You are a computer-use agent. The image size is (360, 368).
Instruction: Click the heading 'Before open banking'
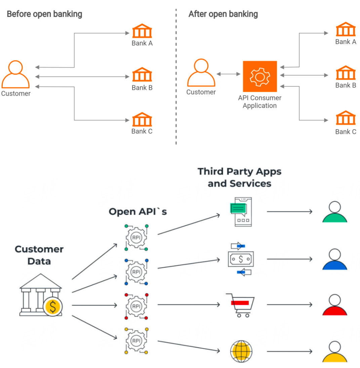click(44, 14)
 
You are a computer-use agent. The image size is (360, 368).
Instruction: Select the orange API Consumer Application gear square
click(259, 76)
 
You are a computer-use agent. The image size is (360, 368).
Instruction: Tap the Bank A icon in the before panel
click(142, 31)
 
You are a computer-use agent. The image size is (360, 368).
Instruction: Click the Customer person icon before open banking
click(15, 74)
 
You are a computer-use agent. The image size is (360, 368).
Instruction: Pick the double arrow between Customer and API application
click(229, 74)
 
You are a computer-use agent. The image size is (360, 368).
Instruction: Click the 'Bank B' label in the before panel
click(142, 88)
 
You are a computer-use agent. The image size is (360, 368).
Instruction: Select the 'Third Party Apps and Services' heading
click(239, 177)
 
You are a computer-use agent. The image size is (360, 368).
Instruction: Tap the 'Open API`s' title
click(137, 212)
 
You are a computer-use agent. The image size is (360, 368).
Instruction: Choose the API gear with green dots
click(136, 237)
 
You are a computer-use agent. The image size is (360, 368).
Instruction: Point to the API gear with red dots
click(136, 306)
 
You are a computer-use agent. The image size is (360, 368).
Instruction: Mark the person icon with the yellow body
click(334, 352)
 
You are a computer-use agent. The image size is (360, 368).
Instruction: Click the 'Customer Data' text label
click(39, 255)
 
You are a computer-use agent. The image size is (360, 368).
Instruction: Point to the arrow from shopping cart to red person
click(289, 304)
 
